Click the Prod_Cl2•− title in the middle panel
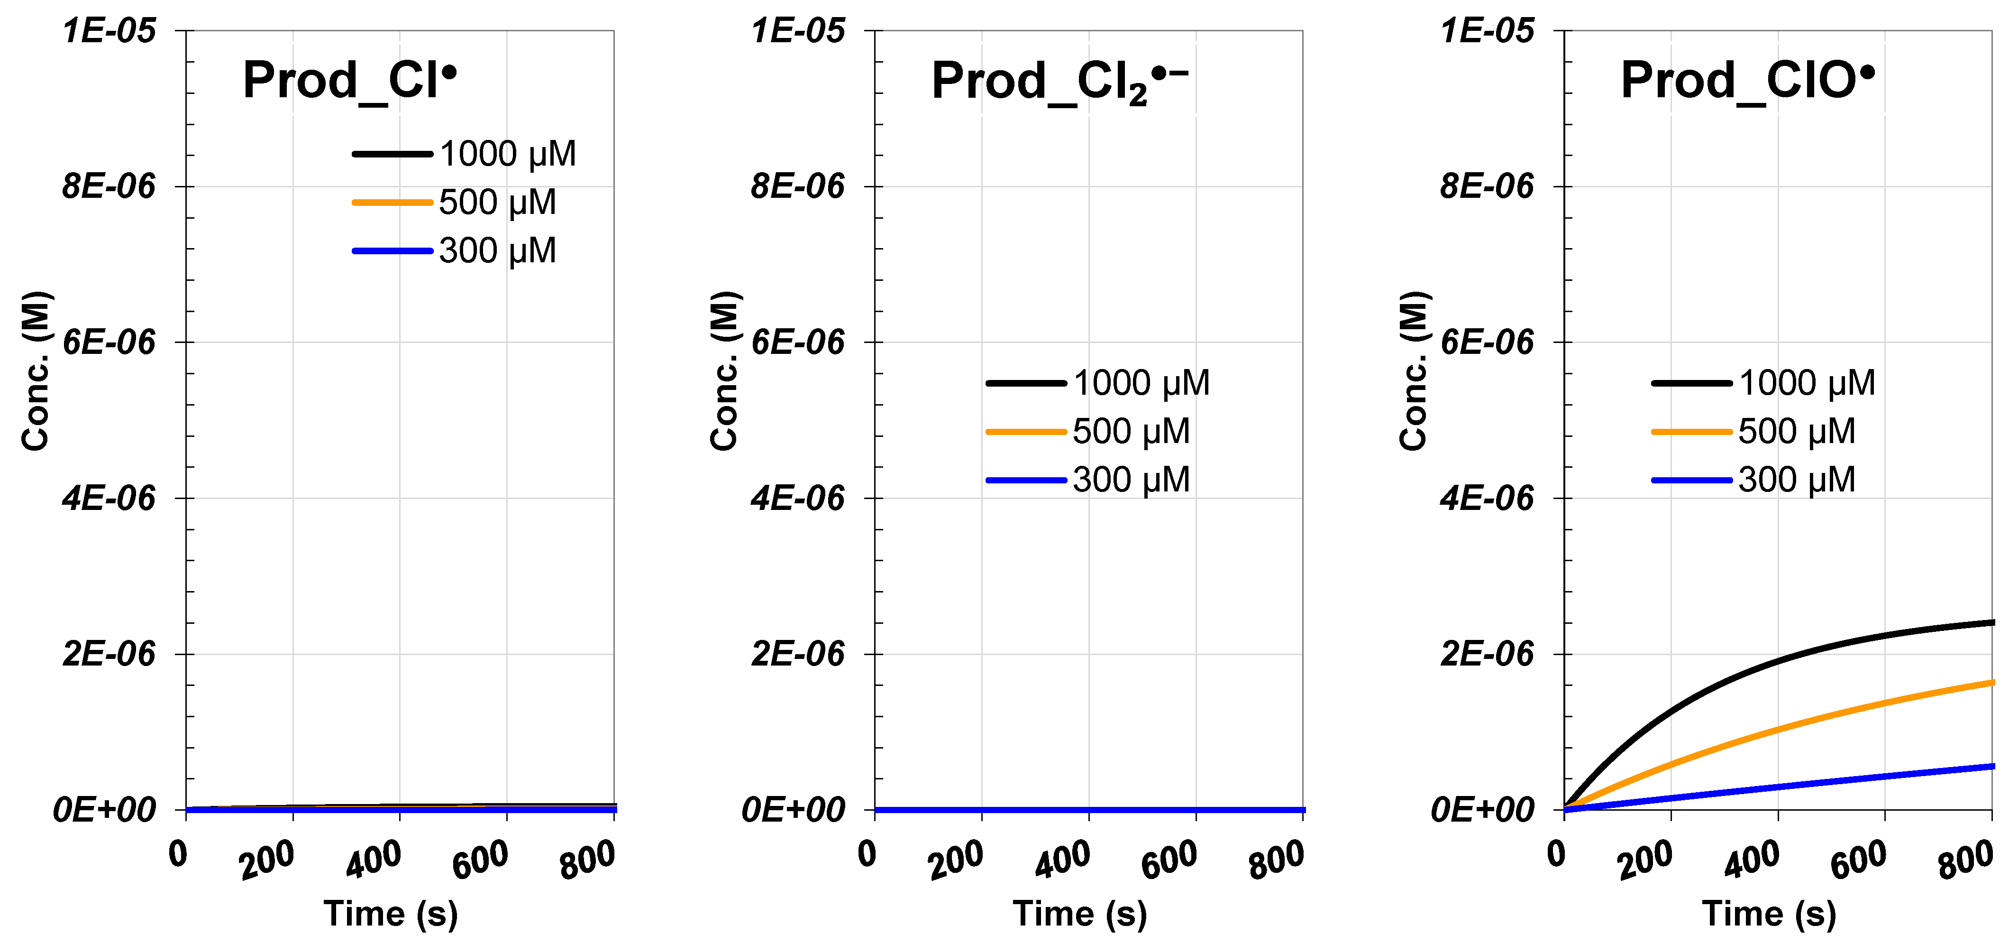[x=1059, y=82]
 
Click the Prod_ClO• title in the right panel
[x=1747, y=80]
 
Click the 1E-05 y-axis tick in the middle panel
[x=797, y=31]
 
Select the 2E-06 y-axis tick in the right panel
[x=1487, y=654]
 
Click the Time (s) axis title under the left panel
[x=391, y=914]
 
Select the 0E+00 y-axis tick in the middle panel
[x=793, y=810]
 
